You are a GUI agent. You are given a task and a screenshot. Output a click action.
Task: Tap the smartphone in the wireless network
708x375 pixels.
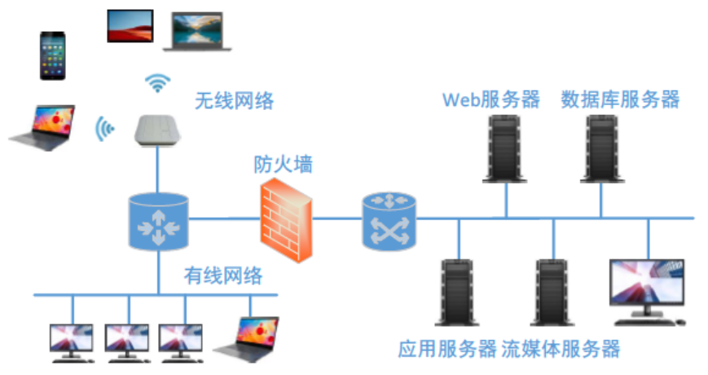54,56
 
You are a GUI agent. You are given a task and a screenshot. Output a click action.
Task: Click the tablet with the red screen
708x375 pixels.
130,25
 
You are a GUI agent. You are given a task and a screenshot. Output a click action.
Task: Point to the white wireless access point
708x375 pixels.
158,130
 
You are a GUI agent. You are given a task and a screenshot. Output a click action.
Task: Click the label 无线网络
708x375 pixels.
234,101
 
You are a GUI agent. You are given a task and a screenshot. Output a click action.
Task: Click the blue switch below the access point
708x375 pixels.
158,221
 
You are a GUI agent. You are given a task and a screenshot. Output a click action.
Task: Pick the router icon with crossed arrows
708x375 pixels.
389,219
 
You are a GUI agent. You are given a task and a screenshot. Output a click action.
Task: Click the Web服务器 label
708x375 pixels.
491,99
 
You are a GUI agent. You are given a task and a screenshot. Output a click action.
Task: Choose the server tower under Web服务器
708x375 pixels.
502,148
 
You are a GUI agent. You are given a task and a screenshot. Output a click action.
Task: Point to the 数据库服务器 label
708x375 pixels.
620,99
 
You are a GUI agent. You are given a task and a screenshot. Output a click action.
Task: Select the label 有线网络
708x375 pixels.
223,276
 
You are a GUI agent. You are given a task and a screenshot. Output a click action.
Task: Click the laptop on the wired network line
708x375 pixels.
248,333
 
